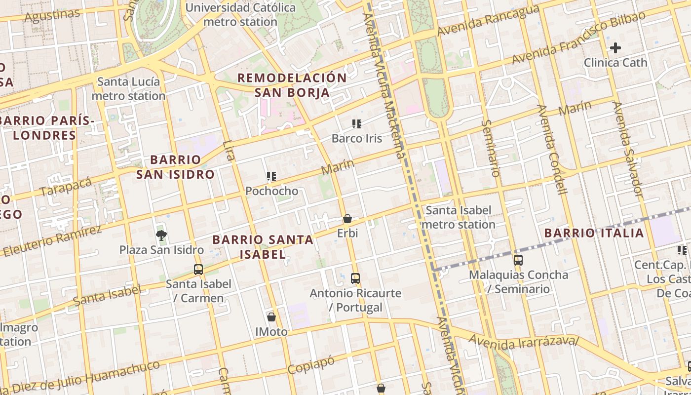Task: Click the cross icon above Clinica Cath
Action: pyautogui.click(x=615, y=48)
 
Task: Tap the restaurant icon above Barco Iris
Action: pyautogui.click(x=357, y=123)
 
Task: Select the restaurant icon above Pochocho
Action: pyautogui.click(x=271, y=176)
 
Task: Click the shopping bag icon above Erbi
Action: pyautogui.click(x=347, y=218)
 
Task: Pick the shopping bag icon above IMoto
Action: pyautogui.click(x=271, y=316)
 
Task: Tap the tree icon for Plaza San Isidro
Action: pyautogui.click(x=161, y=235)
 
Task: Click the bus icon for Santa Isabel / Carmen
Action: pyautogui.click(x=198, y=269)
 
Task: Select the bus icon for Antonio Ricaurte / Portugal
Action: pyautogui.click(x=355, y=278)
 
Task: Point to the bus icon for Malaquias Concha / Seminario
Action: pyautogui.click(x=518, y=260)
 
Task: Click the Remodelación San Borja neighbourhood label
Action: pyautogui.click(x=292, y=85)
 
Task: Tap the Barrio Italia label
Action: pyautogui.click(x=594, y=233)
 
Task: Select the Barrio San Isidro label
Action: pyautogui.click(x=175, y=167)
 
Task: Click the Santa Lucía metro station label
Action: pyautogui.click(x=128, y=89)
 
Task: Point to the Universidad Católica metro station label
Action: pyautogui.click(x=240, y=15)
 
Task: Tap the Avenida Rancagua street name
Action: pyautogui.click(x=488, y=21)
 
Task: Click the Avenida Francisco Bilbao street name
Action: pyautogui.click(x=578, y=38)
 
